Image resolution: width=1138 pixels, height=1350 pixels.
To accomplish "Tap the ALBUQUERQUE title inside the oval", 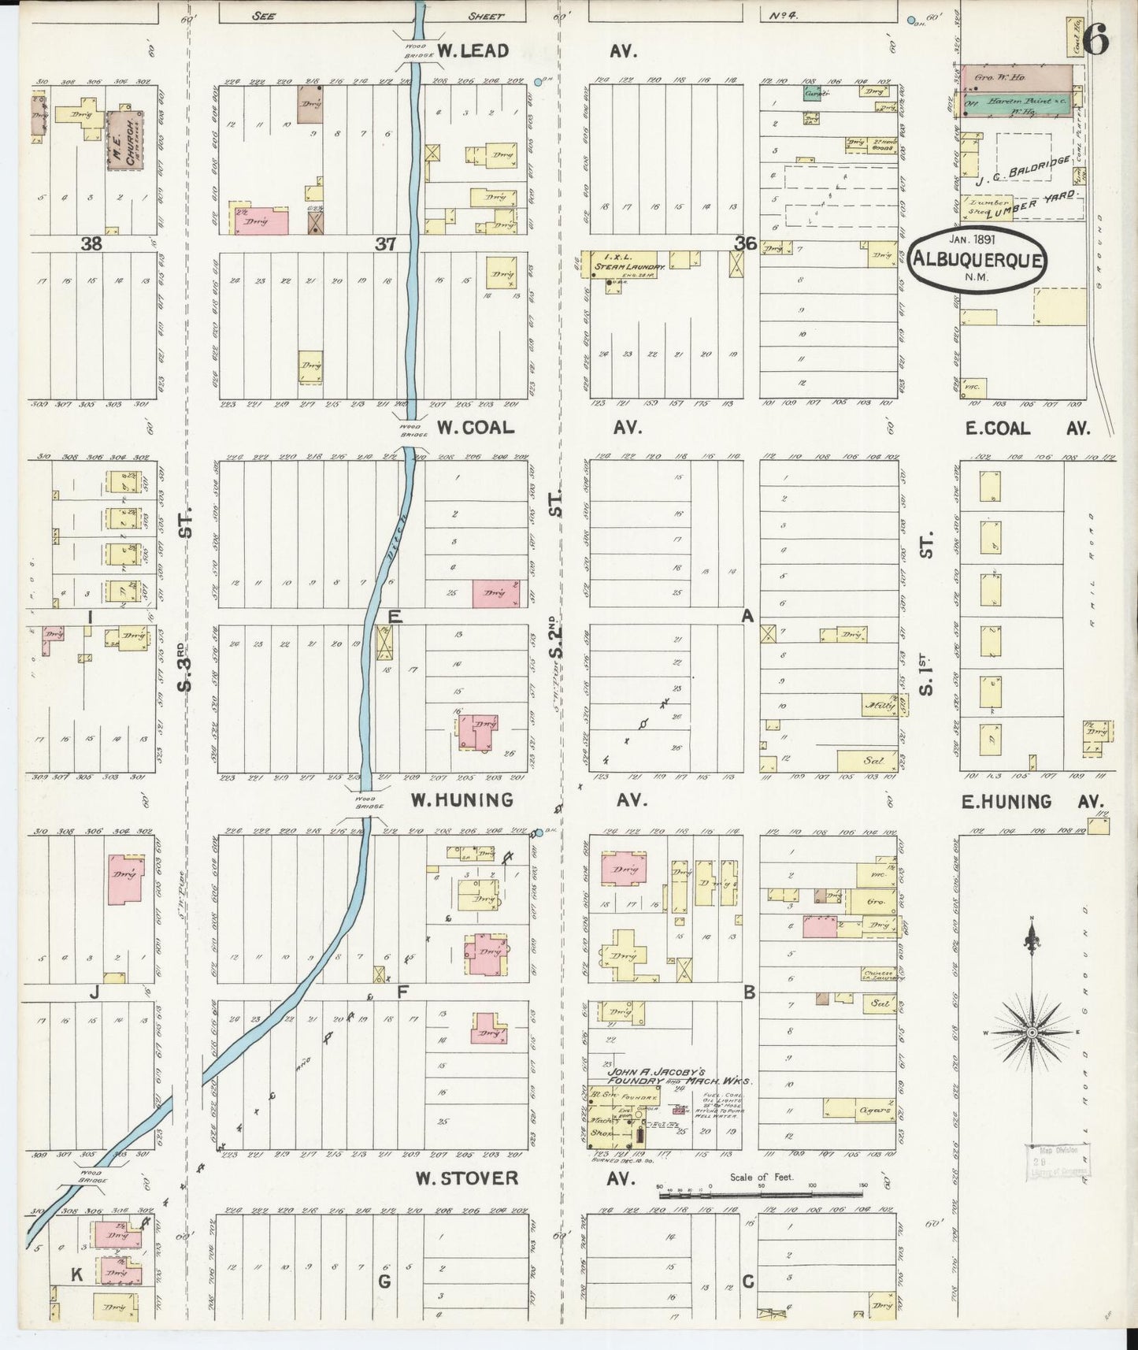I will [977, 261].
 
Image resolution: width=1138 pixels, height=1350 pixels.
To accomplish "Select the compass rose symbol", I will [1031, 1032].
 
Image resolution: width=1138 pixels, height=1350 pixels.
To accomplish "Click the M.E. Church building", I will [120, 140].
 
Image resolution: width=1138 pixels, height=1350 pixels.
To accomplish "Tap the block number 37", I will [385, 245].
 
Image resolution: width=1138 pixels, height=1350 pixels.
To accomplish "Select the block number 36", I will [745, 244].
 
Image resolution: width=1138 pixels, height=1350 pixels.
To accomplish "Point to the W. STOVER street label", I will [468, 1178].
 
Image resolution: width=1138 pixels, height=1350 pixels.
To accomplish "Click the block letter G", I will [384, 1281].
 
